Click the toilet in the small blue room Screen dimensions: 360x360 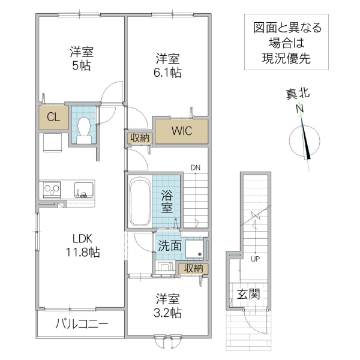click(83, 128)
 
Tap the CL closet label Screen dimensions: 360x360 click(53, 118)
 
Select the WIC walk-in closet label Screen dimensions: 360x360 click(182, 130)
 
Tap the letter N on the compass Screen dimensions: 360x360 click(298, 109)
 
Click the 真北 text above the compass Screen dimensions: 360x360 click(298, 94)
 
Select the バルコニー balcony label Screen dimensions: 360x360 click(82, 325)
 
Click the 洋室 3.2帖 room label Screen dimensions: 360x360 click(168, 305)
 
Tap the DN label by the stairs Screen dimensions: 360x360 click(196, 167)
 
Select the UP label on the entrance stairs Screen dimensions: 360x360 click(255, 259)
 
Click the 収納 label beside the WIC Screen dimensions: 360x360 click(140, 137)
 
